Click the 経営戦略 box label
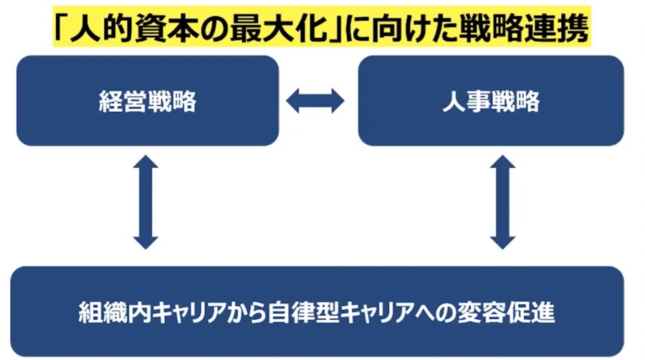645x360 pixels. tap(147, 102)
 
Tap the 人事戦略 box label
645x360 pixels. tap(491, 102)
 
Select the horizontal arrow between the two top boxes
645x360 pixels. tap(315, 101)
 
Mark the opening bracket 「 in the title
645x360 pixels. tap(65, 30)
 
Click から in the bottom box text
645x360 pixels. tap(252, 313)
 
